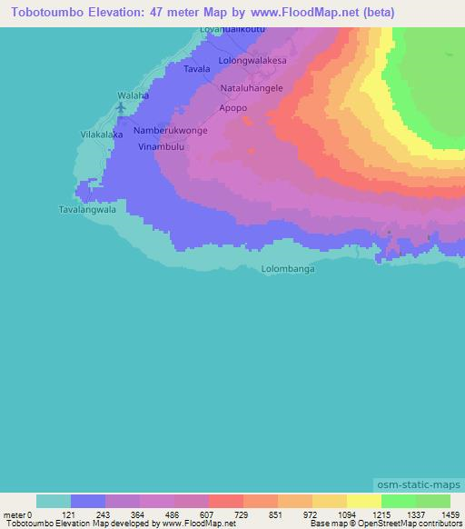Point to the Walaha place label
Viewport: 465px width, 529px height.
(x=133, y=95)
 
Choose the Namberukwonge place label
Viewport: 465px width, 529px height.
(x=171, y=131)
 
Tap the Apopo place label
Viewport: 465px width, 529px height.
(x=233, y=107)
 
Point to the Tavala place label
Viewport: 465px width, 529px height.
(x=197, y=69)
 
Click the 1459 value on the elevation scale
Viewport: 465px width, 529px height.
(x=450, y=515)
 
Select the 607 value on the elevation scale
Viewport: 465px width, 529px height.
(x=207, y=515)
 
